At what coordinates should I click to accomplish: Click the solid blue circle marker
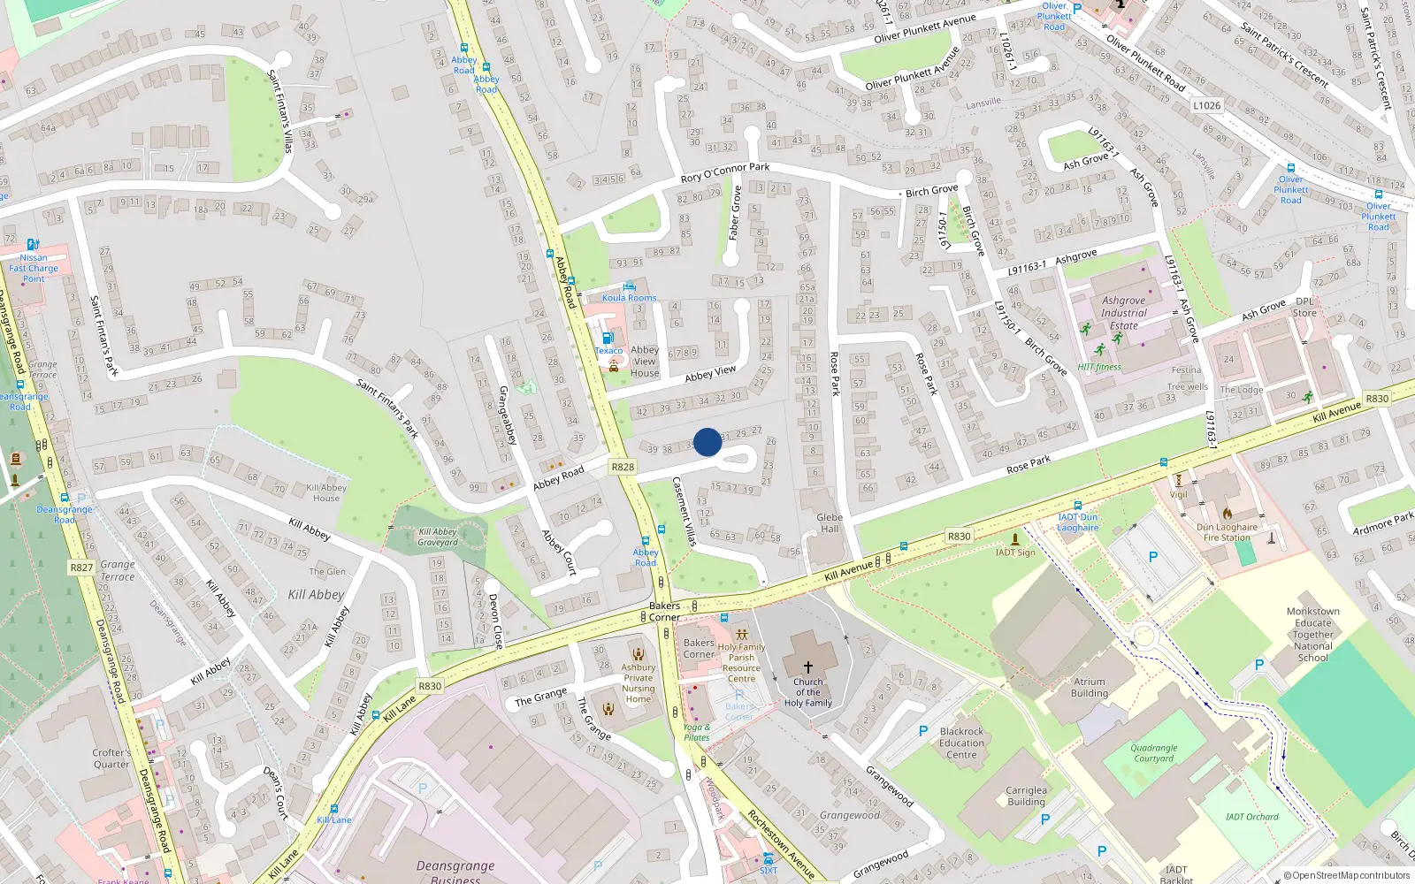(x=707, y=442)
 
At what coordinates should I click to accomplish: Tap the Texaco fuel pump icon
(x=607, y=338)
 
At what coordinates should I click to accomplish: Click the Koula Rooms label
(x=629, y=298)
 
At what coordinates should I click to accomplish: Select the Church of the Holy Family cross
(x=807, y=667)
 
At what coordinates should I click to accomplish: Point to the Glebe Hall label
(x=830, y=523)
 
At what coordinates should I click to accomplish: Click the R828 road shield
(x=623, y=467)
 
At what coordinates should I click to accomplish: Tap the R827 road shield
(x=81, y=568)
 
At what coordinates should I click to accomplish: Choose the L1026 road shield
(x=1206, y=105)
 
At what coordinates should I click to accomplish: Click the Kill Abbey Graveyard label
(x=438, y=537)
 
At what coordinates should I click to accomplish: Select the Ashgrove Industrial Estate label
(x=1124, y=313)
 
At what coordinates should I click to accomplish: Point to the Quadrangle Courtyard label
(x=1154, y=753)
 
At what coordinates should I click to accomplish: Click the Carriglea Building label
(x=1026, y=796)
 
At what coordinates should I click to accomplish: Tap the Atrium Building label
(x=1090, y=688)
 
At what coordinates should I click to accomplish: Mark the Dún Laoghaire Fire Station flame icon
(x=1228, y=513)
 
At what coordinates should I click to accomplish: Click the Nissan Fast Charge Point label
(x=34, y=268)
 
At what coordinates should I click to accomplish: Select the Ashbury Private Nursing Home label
(x=638, y=683)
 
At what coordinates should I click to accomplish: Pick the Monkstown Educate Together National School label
(x=1313, y=635)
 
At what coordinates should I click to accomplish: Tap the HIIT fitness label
(x=1099, y=367)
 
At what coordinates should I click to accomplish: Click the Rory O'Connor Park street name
(x=725, y=172)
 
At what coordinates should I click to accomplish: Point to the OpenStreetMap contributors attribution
(x=1347, y=876)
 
